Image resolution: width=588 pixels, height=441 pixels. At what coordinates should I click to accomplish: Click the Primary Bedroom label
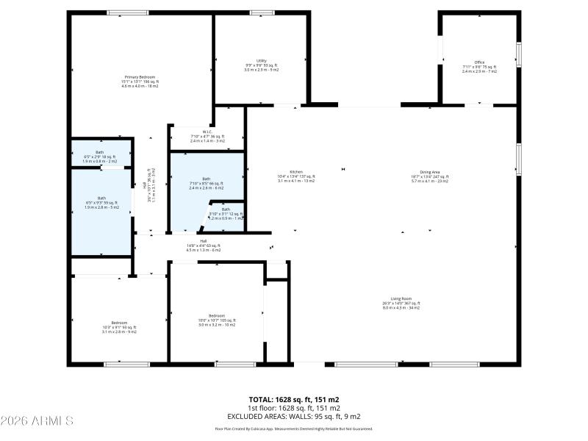pos(140,82)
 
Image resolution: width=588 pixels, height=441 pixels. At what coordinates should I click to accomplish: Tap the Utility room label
pos(261,65)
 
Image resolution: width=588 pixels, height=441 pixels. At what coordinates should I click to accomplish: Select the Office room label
pos(479,67)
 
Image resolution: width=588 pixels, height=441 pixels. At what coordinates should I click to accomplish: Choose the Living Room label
pos(401,304)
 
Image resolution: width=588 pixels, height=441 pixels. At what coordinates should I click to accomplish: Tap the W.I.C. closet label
pos(206,136)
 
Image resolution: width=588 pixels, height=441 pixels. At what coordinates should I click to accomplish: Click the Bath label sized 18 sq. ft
pos(100,156)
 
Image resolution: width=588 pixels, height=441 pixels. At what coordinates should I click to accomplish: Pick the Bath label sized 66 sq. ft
pos(206,183)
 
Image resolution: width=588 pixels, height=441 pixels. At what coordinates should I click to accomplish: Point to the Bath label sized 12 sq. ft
pos(226,213)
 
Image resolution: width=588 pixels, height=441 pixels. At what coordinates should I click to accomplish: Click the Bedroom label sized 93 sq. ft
pos(119,327)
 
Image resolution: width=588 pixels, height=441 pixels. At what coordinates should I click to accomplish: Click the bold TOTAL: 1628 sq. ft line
pos(294,400)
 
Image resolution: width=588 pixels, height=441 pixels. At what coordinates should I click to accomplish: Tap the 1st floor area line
pos(294,407)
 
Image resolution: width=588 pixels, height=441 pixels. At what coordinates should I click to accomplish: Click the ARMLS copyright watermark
pos(37,421)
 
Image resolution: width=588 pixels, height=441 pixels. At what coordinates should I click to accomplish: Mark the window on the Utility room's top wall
pos(262,12)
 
